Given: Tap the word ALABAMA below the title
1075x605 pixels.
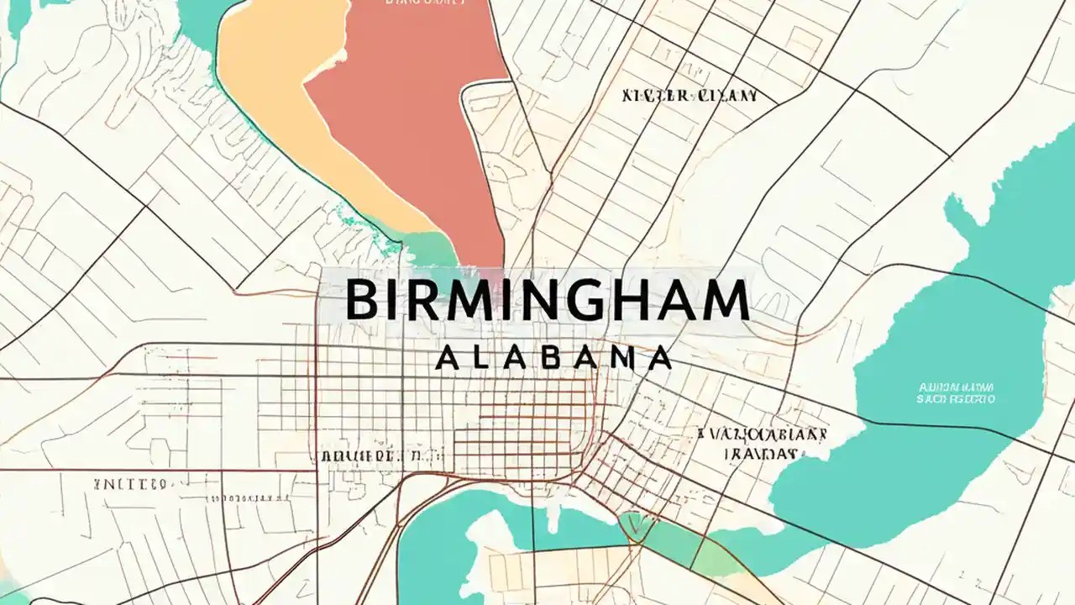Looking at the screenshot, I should (x=554, y=359).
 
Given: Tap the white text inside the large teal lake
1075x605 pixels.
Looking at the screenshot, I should (x=956, y=393).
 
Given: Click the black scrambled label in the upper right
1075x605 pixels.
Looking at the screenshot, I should (x=690, y=96).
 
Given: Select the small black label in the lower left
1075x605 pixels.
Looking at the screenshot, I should (x=129, y=484).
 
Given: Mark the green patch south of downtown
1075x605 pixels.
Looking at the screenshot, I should (x=672, y=542).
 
